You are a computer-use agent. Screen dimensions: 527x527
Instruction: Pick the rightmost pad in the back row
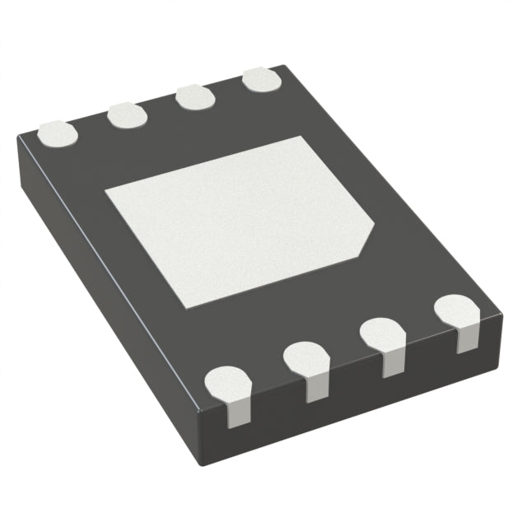point(262,82)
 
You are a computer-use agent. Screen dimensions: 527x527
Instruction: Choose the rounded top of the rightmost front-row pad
point(457,310)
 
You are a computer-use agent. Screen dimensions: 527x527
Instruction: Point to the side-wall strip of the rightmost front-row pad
point(466,340)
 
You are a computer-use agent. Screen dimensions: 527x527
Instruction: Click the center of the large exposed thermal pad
point(239,218)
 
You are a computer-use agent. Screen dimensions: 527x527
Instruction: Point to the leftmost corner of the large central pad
point(105,193)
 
